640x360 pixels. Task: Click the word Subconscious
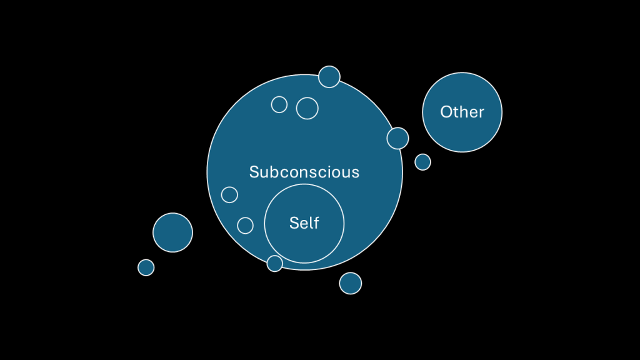(304, 172)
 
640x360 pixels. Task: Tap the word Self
(304, 223)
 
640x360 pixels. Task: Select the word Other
(462, 112)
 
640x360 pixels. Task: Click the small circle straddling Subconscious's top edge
(329, 77)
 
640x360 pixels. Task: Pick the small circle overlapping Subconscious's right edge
(397, 138)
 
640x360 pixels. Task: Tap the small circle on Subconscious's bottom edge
(275, 263)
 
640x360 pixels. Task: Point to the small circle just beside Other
(423, 162)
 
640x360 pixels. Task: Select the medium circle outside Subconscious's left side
(173, 232)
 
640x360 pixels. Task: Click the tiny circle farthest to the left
(146, 267)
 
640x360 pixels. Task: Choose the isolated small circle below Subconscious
(351, 283)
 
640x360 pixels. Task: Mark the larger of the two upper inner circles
(307, 108)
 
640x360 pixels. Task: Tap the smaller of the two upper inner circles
(279, 104)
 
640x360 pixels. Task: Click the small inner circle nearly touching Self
(246, 225)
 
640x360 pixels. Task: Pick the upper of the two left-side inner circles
(230, 194)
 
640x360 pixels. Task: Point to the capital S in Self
(294, 223)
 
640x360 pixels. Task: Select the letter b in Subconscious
(272, 172)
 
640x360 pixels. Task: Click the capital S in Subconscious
(254, 172)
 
